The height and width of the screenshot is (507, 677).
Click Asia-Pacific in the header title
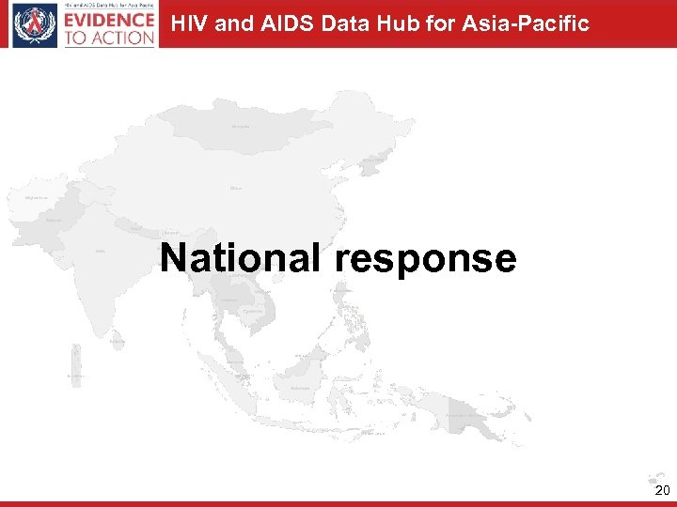pos(526,23)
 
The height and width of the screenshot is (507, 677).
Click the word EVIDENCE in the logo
pos(110,19)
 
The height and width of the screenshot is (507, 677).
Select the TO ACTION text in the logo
pos(110,37)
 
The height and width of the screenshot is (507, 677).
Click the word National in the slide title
pos(240,257)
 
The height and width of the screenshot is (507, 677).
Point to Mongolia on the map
pos(242,126)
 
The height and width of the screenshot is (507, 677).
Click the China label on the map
pos(236,188)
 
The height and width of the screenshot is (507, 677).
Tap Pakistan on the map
pos(54,222)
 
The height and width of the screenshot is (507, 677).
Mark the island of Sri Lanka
pos(117,342)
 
